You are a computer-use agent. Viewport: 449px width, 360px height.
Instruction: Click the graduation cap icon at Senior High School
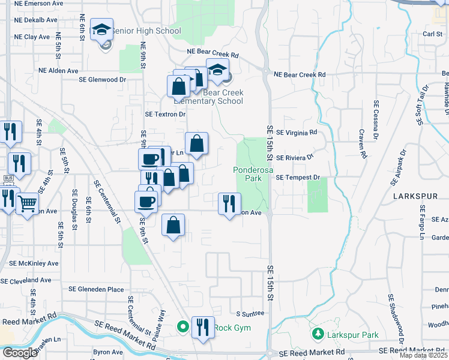coord(102,29)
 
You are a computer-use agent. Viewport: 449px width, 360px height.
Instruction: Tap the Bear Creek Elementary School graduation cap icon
coord(217,70)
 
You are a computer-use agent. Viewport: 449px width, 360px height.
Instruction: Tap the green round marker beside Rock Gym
coord(183,328)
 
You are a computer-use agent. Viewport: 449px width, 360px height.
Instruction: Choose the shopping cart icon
coord(27,204)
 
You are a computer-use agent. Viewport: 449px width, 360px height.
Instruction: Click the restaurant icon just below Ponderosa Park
coord(229,204)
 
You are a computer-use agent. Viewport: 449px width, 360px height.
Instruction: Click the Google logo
coord(20,352)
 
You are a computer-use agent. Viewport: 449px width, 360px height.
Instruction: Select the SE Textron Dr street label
coord(166,114)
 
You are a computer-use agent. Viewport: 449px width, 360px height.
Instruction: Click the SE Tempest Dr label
coord(300,178)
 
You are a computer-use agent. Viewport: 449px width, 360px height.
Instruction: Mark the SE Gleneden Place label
coord(96,289)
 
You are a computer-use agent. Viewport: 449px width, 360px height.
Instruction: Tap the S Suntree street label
coord(250,314)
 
